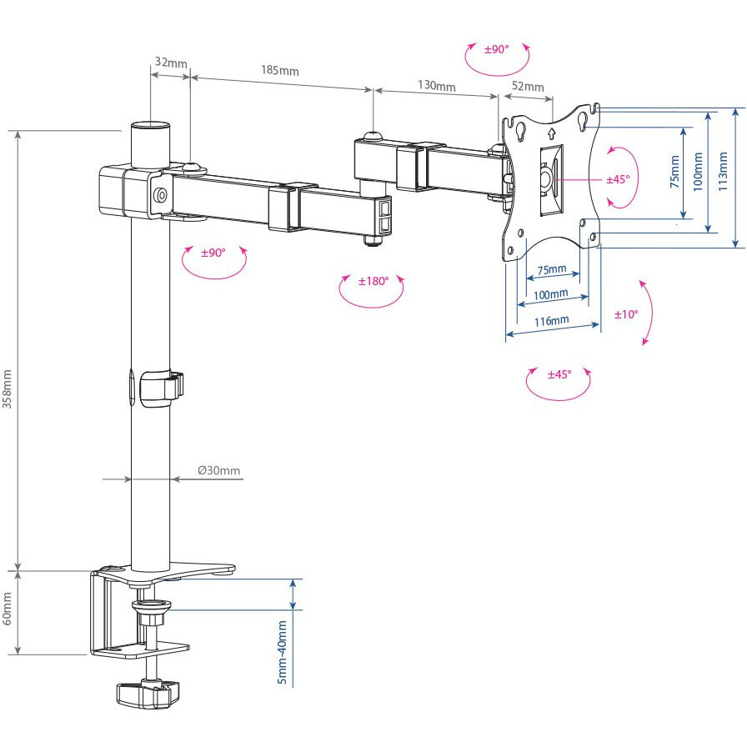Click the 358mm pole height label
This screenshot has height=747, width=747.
[x=8, y=389]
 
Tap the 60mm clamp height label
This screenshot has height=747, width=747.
[x=8, y=609]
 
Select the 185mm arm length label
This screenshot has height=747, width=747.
[x=280, y=71]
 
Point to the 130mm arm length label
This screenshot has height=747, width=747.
[x=436, y=85]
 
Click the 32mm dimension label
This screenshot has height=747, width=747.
[x=171, y=63]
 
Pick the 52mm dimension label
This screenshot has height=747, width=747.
[x=528, y=86]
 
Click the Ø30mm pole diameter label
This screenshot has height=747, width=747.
[x=219, y=470]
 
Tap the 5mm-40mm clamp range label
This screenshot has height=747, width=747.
[x=283, y=652]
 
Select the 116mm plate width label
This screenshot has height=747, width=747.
[x=551, y=321]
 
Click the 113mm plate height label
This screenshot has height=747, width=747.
[x=723, y=172]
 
